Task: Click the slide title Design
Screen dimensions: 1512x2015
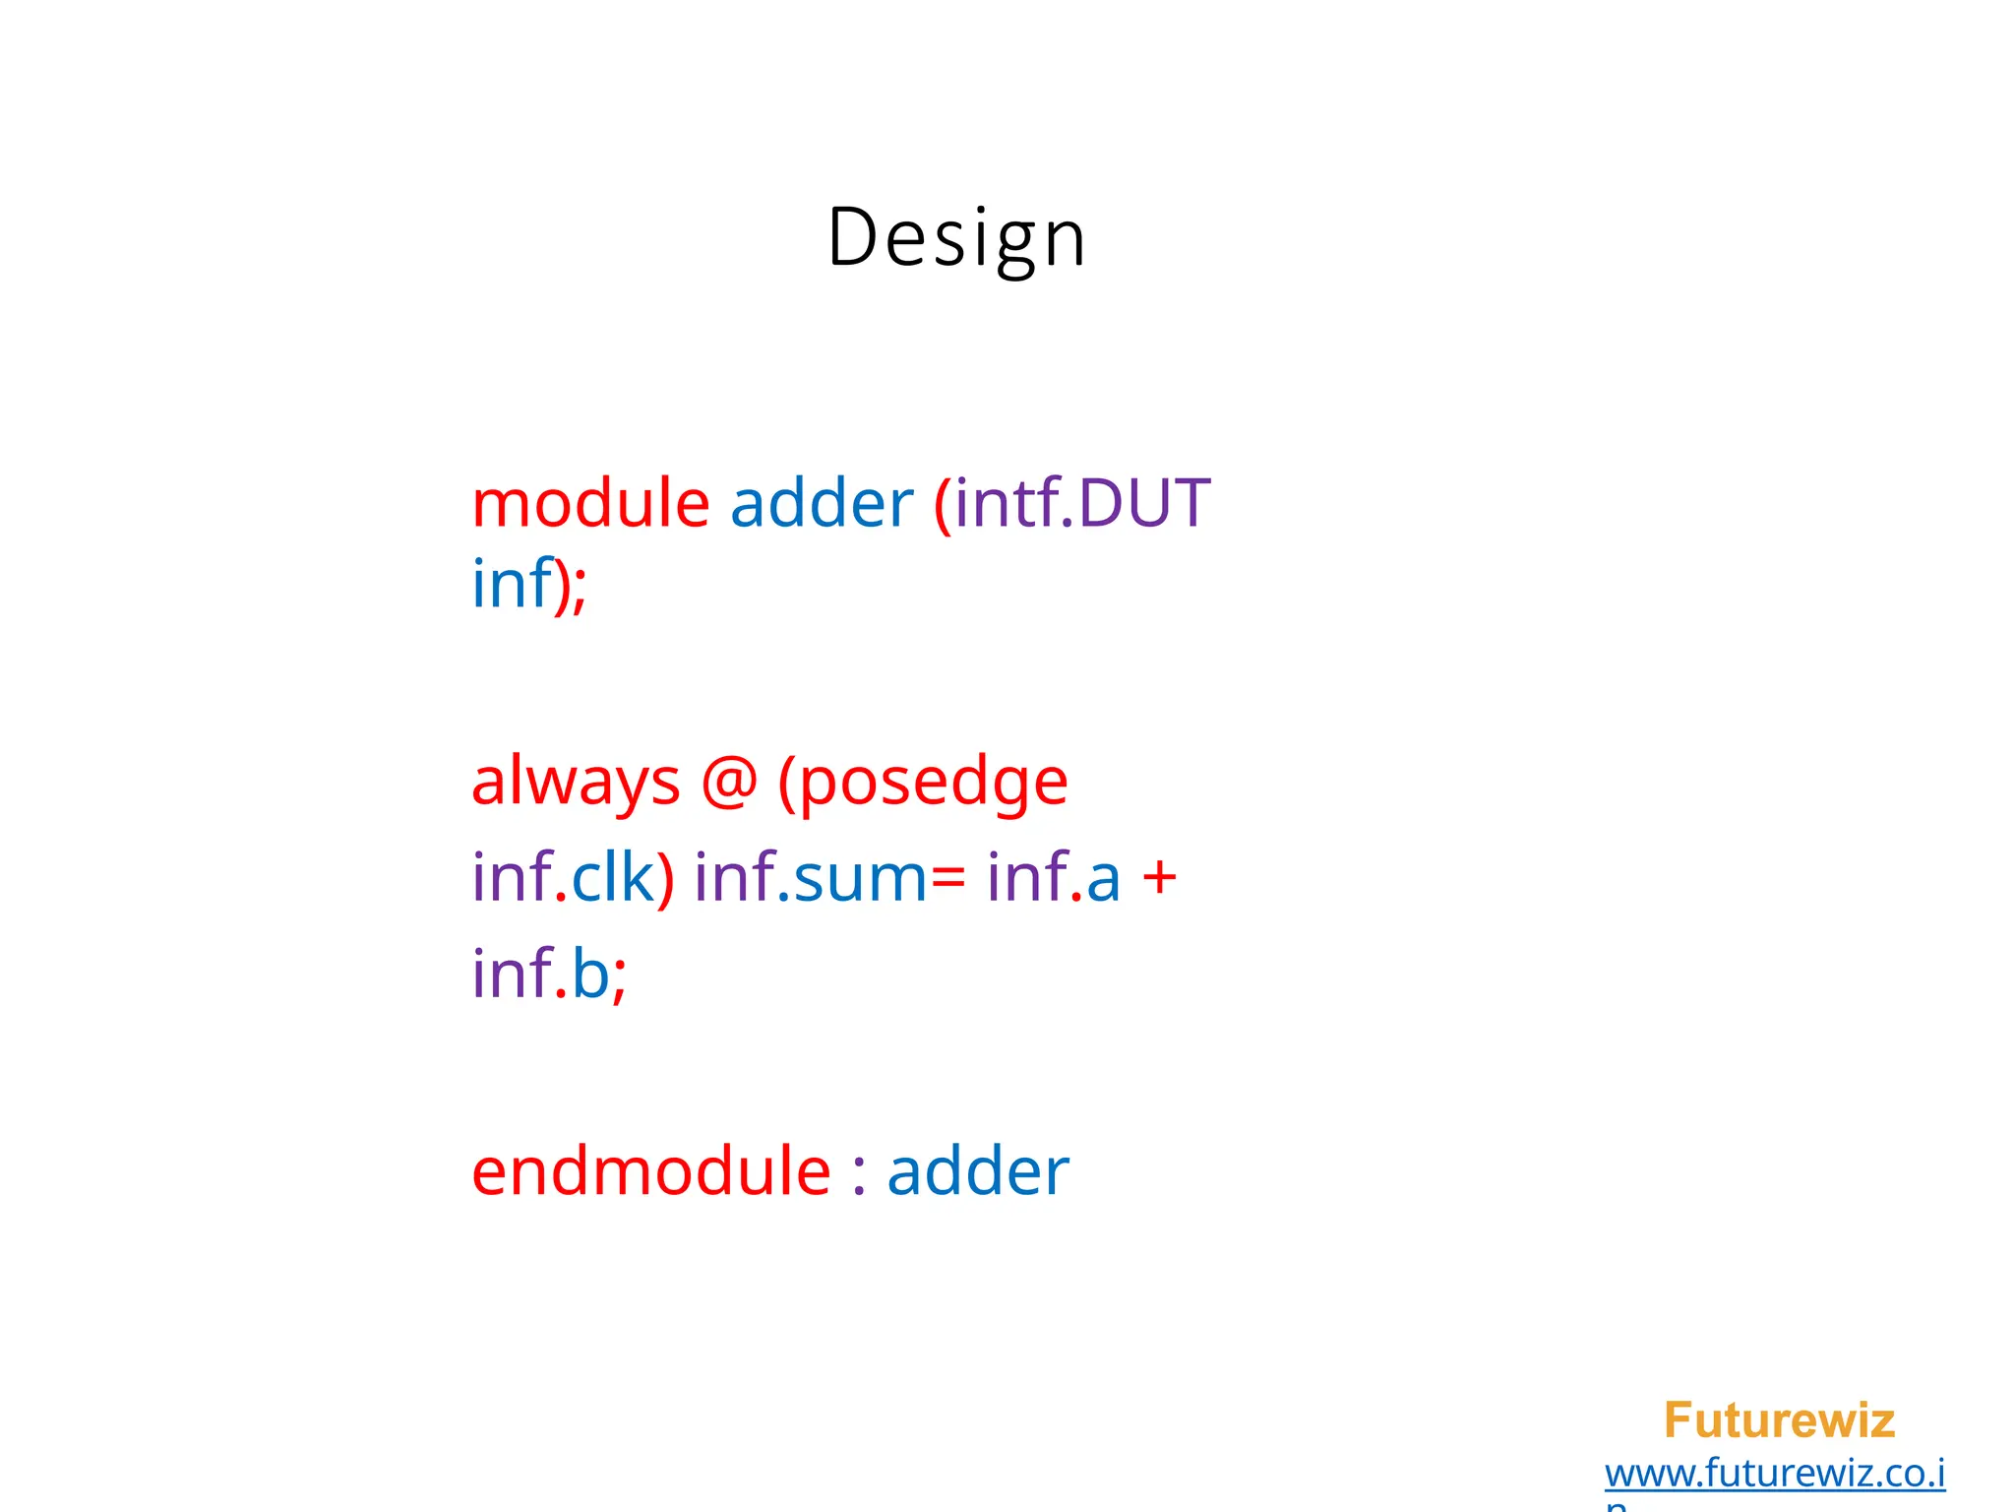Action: click(956, 237)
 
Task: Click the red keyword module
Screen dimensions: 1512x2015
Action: click(590, 503)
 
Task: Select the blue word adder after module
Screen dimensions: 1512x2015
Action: click(822, 503)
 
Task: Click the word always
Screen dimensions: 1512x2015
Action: click(576, 783)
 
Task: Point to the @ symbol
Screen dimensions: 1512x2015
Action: click(729, 783)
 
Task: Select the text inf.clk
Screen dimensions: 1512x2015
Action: click(563, 877)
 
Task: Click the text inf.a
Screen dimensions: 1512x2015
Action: click(1054, 877)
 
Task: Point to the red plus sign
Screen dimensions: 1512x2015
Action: click(1160, 877)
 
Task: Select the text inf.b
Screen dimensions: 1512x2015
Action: click(540, 974)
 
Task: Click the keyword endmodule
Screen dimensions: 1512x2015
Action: click(651, 1171)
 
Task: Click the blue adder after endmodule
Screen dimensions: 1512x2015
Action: click(978, 1171)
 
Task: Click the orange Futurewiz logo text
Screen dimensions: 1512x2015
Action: click(1779, 1420)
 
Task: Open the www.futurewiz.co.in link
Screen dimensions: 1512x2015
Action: click(1775, 1474)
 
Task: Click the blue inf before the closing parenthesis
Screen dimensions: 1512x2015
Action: click(512, 584)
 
